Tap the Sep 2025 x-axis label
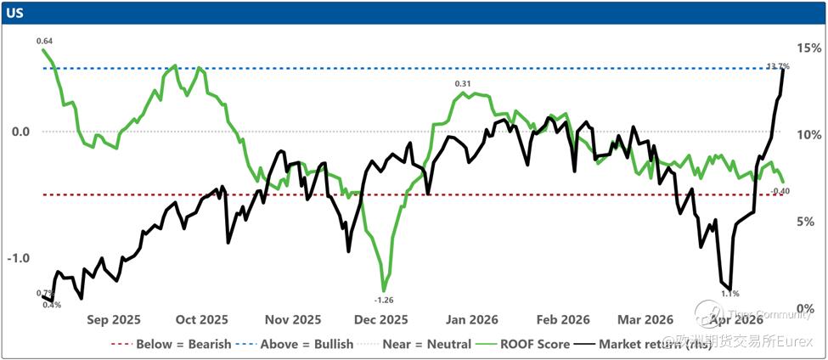pos(113,320)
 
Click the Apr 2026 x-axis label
pos(735,320)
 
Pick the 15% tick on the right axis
pos(807,48)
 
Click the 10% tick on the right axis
pos(807,135)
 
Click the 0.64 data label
pos(44,40)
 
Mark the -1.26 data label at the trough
pos(384,300)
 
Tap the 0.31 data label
pos(463,83)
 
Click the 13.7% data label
pos(778,65)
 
